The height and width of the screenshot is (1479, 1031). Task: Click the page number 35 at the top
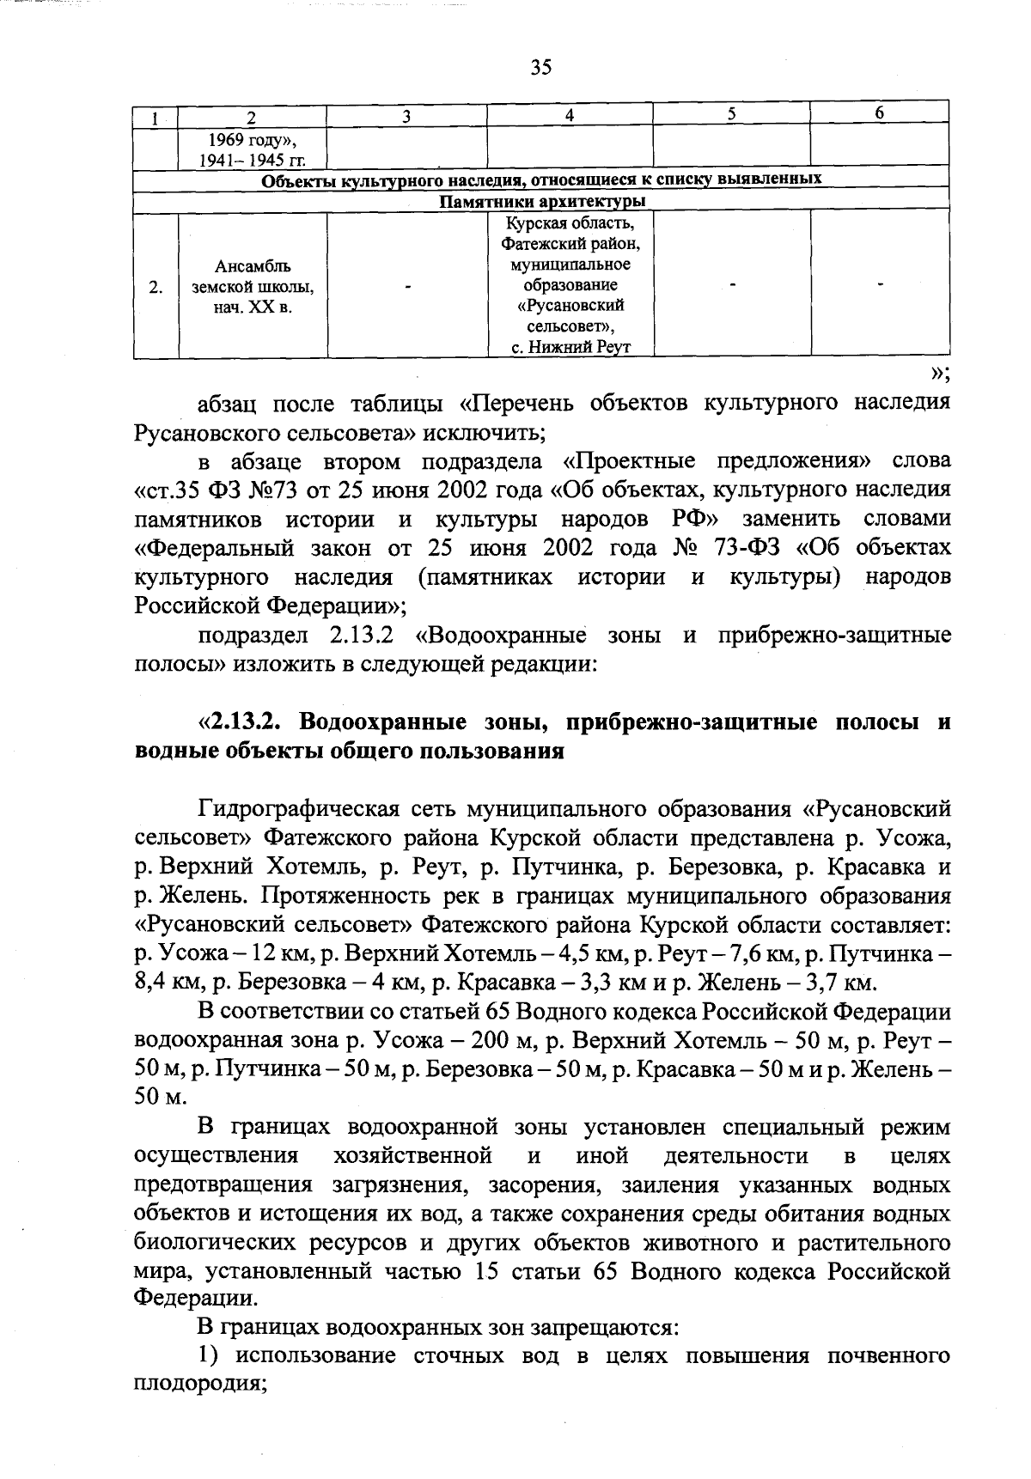(540, 68)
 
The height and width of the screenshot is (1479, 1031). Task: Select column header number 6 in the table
(879, 113)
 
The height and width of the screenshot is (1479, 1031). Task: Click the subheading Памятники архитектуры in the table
(542, 202)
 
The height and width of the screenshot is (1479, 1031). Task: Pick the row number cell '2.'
(156, 287)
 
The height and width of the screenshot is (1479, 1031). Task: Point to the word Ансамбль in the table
(253, 266)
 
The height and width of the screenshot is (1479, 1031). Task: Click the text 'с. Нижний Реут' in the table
(570, 347)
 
